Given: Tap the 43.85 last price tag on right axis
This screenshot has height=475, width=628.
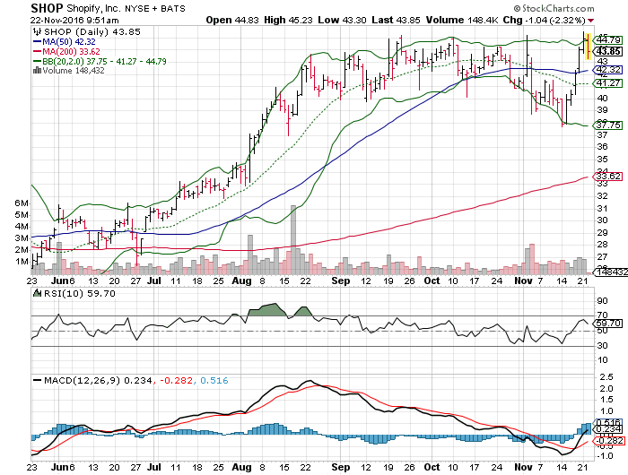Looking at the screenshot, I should (x=609, y=50).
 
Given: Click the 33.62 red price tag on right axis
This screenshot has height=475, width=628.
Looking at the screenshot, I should (x=609, y=176).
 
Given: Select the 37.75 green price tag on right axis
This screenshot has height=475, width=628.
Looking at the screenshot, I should (x=609, y=125).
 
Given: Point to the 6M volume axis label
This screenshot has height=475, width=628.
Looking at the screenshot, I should (x=22, y=203).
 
